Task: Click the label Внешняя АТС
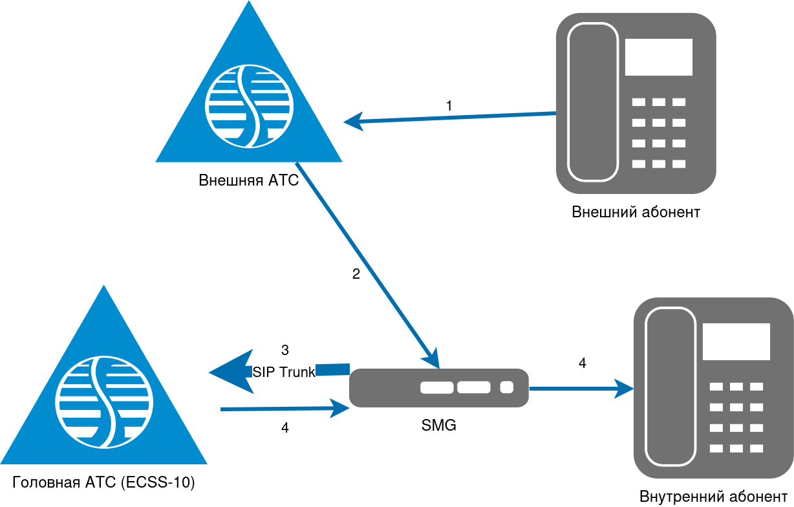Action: pos(249,180)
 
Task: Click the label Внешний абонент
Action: pos(636,212)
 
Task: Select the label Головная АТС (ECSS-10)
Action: pos(104,482)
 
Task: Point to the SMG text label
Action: pos(438,426)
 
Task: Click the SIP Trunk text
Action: pos(283,372)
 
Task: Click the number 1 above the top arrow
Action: pos(449,105)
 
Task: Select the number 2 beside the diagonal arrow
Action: pos(356,274)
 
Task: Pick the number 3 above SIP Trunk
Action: pos(285,351)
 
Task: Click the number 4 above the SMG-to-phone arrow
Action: pos(582,363)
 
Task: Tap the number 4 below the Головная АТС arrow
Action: pos(285,428)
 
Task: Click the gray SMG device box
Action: pos(439,388)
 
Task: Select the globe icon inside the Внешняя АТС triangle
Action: pos(249,104)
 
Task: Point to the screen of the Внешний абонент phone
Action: pos(658,57)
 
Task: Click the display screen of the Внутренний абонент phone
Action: pos(736,341)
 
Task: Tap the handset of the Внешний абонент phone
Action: pos(593,102)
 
